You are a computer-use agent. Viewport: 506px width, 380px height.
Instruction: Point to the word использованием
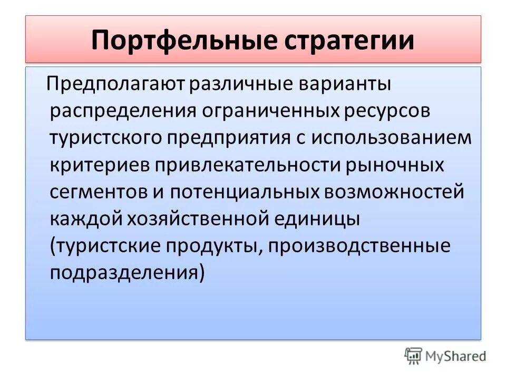(391, 138)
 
